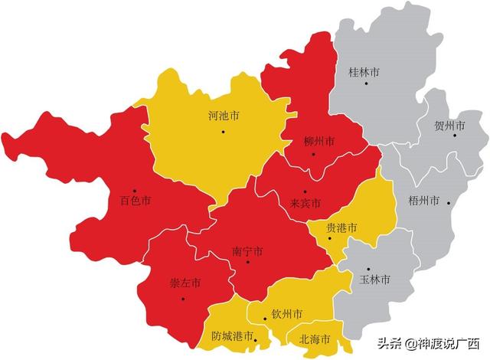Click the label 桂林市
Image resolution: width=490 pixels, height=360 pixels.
coord(364,72)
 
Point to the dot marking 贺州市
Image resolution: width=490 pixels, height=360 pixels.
coord(454,136)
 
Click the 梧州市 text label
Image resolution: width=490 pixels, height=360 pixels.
coord(423,201)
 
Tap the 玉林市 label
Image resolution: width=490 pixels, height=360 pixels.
coord(375,280)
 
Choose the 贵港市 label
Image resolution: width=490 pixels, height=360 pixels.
coord(341,227)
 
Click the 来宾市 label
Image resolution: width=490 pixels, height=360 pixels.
coord(305,203)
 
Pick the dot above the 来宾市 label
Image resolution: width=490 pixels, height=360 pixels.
coord(304,191)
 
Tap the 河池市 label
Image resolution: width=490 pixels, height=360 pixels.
coord(224,116)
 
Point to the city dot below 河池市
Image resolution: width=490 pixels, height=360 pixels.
coord(223,132)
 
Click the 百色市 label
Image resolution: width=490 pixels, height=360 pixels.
coord(135,201)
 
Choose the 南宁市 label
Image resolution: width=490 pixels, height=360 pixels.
coord(247,250)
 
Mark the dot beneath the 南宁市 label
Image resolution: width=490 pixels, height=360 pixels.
coord(247,263)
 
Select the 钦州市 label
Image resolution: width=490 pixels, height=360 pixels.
coord(286,314)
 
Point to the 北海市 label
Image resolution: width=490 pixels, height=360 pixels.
coord(315,339)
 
